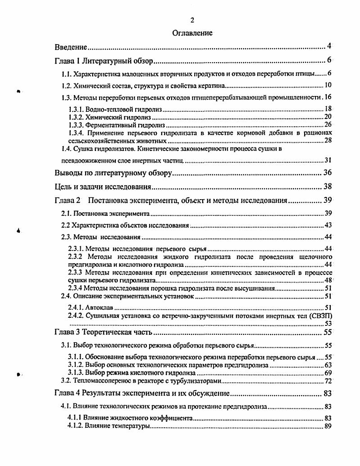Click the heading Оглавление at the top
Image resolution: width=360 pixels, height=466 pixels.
(x=192, y=33)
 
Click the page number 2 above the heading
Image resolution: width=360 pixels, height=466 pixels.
(x=192, y=20)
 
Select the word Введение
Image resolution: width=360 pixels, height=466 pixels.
(x=71, y=47)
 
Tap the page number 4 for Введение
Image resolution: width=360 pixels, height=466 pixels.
(x=329, y=46)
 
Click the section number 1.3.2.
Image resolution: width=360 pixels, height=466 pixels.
(x=77, y=116)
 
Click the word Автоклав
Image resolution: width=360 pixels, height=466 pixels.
(x=101, y=308)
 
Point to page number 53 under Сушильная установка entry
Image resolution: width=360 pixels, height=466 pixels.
(x=328, y=323)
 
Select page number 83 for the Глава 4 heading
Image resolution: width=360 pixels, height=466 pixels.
(x=328, y=393)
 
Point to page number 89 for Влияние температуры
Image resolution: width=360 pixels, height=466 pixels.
(x=328, y=426)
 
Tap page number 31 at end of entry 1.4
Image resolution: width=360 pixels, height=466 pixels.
(x=328, y=160)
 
